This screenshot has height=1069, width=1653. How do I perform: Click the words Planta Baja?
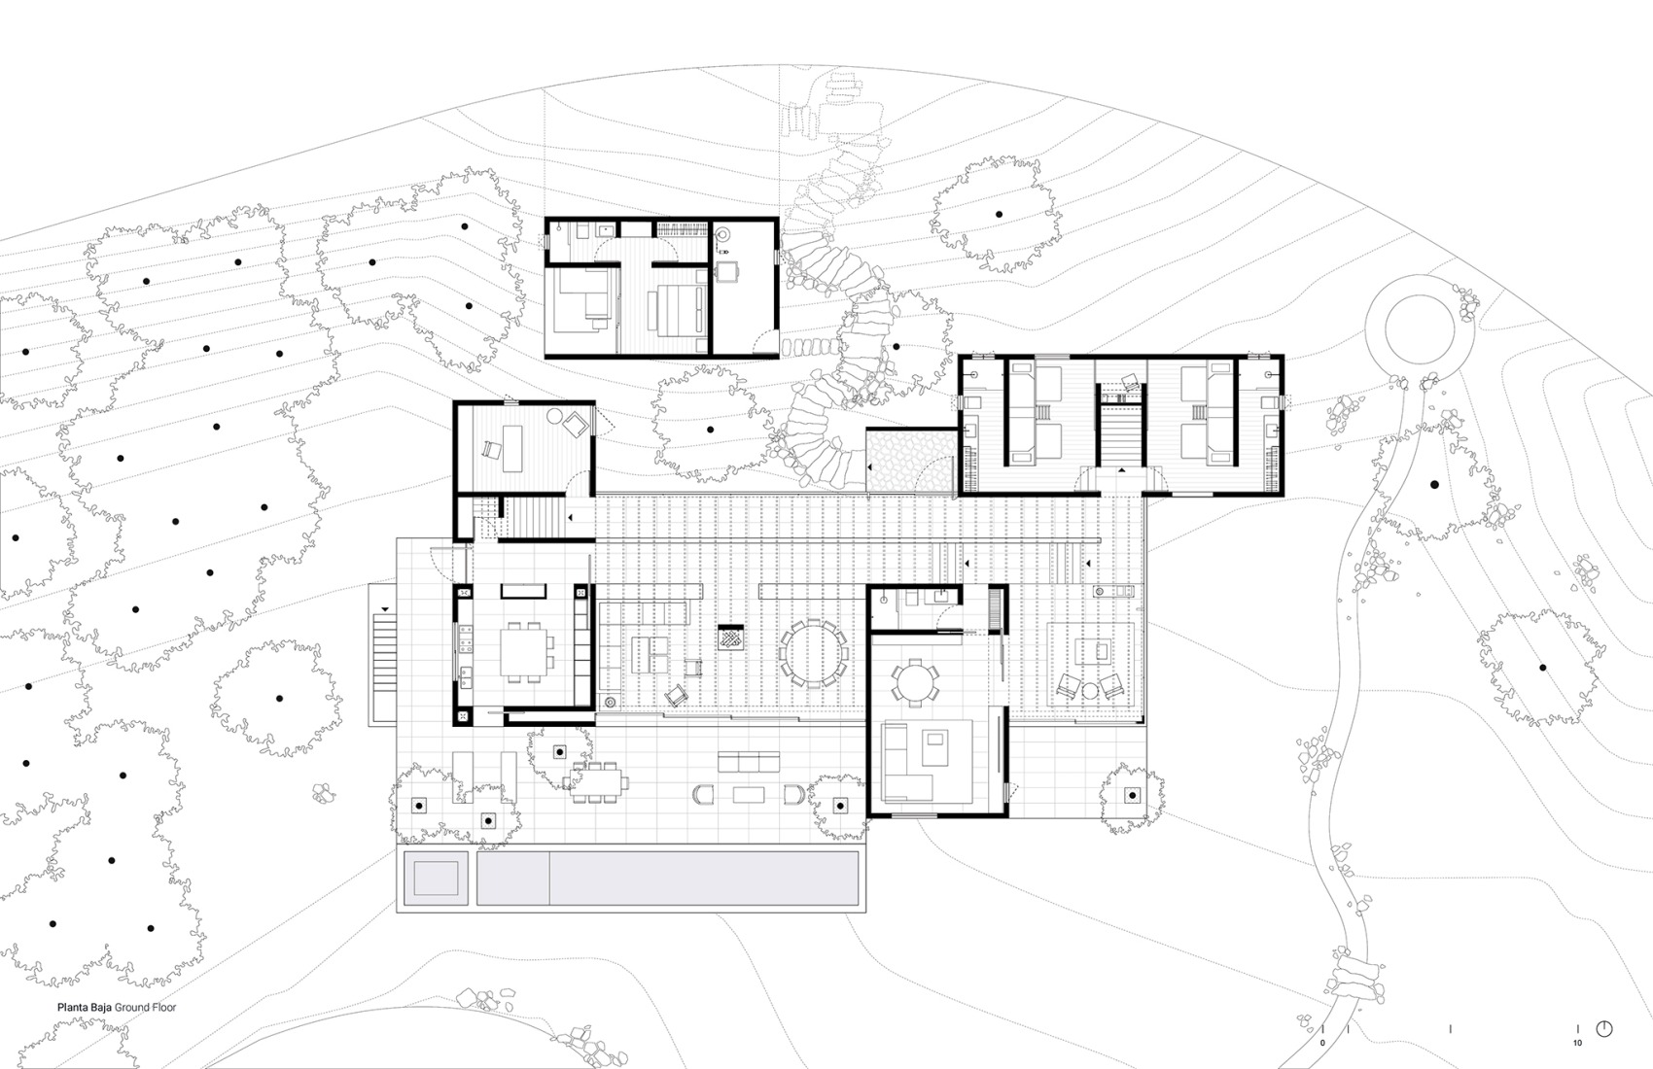tap(85, 1008)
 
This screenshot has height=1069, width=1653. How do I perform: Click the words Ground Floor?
tap(145, 1008)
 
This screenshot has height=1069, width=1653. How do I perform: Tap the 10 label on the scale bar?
tap(1577, 1043)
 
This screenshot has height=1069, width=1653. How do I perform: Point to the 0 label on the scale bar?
tap(1322, 1043)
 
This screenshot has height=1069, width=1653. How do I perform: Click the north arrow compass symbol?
tap(1604, 1029)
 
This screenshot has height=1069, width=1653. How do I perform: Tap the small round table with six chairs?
tap(914, 679)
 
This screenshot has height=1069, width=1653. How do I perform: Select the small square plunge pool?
tap(436, 879)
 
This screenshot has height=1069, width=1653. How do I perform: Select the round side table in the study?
tap(554, 415)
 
